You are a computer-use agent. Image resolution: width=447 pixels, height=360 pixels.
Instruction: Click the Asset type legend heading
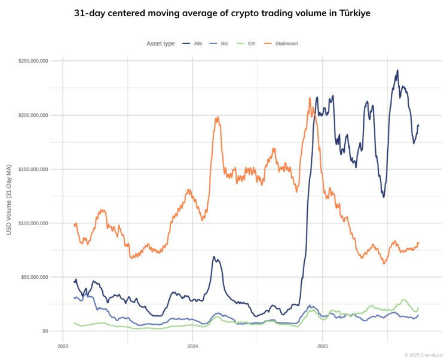161,44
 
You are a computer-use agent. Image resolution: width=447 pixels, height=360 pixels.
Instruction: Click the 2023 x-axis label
63,346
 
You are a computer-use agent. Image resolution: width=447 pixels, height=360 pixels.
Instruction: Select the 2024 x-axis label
192,346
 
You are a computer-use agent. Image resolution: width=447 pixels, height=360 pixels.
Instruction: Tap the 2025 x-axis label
323,346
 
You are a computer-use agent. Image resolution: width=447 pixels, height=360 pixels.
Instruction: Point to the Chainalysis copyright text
424,355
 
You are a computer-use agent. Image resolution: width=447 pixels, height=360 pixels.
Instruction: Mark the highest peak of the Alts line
397,70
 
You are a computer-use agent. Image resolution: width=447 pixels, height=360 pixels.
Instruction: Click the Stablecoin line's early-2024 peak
217,117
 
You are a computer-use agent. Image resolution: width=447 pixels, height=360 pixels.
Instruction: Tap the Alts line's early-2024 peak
214,257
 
